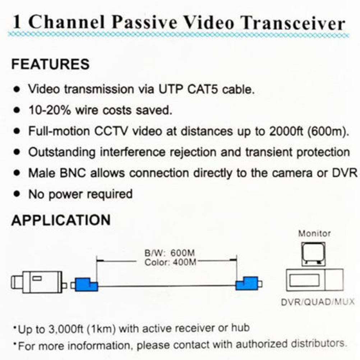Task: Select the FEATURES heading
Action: click(x=51, y=64)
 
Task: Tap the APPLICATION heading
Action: click(x=61, y=220)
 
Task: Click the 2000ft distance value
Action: click(x=286, y=131)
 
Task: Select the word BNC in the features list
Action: click(x=73, y=173)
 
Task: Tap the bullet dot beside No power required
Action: click(x=17, y=194)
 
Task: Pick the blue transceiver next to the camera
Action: click(x=84, y=285)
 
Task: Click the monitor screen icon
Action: click(x=313, y=254)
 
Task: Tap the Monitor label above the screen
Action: click(x=314, y=234)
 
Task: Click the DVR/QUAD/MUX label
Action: click(x=318, y=302)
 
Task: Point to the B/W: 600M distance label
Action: click(x=170, y=253)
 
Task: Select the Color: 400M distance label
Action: click(x=170, y=262)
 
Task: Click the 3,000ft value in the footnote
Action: click(x=66, y=329)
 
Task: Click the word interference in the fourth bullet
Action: click(x=133, y=152)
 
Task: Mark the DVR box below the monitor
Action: click(x=315, y=280)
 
